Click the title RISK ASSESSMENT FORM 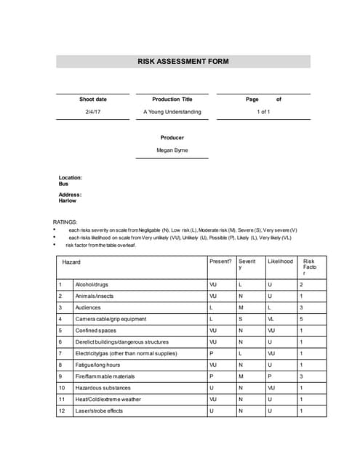[x=183, y=62]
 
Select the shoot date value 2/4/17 [x=92, y=112]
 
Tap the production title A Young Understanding [x=172, y=112]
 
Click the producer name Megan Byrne [x=172, y=150]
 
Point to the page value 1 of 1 [x=263, y=112]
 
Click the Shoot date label [x=92, y=99]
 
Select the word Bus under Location [x=63, y=184]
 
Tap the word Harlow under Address [x=67, y=201]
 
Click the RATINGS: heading [x=65, y=222]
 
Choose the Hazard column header [x=71, y=262]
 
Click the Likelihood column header [x=280, y=262]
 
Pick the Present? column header [x=220, y=262]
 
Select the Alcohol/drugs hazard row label [x=92, y=285]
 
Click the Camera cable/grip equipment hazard [x=111, y=319]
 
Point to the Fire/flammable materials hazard [x=105, y=376]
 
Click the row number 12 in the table [x=62, y=411]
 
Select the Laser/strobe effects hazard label [x=99, y=411]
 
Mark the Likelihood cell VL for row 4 [x=271, y=319]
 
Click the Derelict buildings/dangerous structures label [x=121, y=342]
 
